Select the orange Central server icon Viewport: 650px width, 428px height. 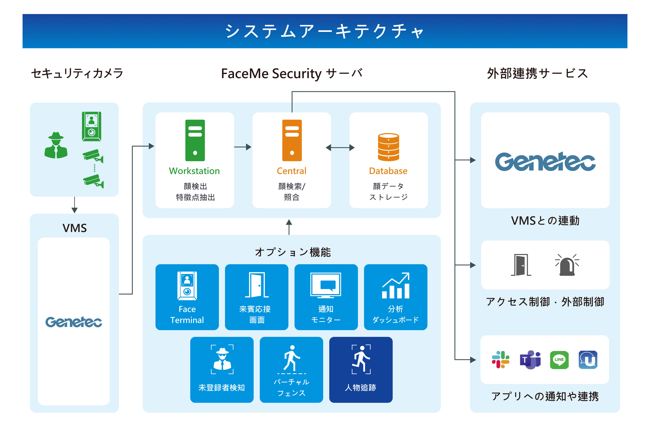pyautogui.click(x=292, y=140)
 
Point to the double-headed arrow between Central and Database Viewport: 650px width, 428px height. pyautogui.click(x=340, y=148)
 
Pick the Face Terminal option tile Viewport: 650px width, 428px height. pyautogui.click(x=187, y=297)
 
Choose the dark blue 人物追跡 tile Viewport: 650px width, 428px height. pyautogui.click(x=361, y=370)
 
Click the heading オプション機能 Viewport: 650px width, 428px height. pyautogui.click(x=293, y=252)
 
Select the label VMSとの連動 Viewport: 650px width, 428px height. pyautogui.click(x=545, y=220)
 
